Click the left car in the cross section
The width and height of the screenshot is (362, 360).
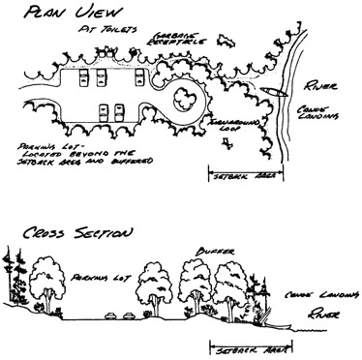click(x=108, y=315)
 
